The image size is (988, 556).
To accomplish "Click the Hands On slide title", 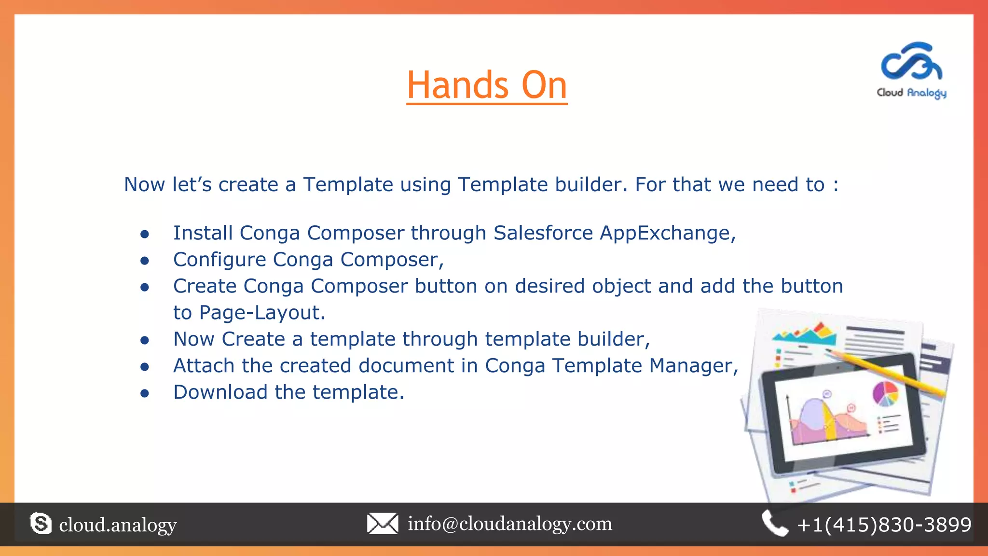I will click(487, 85).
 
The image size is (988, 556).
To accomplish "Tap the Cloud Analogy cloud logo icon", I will click(911, 63).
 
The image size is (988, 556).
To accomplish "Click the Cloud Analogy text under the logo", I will click(911, 93).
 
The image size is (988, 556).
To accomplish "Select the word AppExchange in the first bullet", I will click(667, 233).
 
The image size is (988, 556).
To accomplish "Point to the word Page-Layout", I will click(262, 313).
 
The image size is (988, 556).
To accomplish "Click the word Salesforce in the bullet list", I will click(543, 233).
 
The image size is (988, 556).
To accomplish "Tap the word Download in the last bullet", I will click(220, 392).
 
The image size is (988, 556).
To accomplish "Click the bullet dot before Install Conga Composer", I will click(145, 235).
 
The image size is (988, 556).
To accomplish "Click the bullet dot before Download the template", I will click(145, 394).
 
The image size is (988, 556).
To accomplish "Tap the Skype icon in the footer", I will click(41, 524).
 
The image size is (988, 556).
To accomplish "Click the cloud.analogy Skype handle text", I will click(118, 525).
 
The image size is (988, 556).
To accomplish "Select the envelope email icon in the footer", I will click(383, 524).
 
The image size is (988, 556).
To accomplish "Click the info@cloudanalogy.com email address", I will click(509, 524).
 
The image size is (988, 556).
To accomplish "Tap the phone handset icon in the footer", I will click(775, 524).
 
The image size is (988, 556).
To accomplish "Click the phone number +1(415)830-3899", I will click(884, 525).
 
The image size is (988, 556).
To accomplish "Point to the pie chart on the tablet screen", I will click(886, 393).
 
